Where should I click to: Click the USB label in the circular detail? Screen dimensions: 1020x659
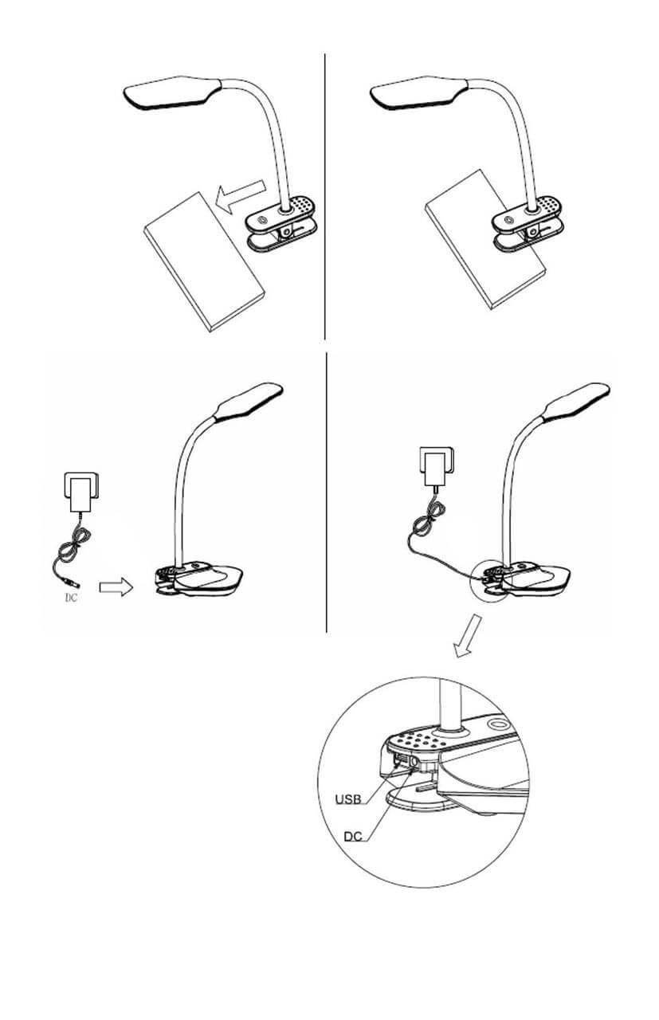coord(348,798)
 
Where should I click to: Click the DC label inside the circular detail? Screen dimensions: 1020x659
coord(354,837)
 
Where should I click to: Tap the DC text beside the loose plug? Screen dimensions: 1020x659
coord(71,598)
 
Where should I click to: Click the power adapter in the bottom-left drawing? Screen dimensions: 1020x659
coord(80,492)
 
